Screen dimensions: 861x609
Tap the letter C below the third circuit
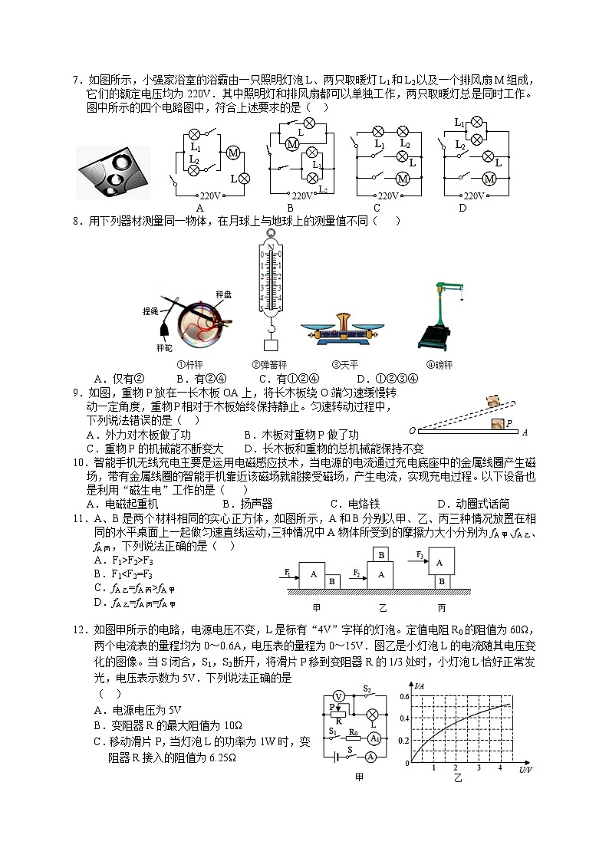coord(377,208)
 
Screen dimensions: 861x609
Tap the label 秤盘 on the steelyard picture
coord(224,294)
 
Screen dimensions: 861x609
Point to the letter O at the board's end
coord(413,432)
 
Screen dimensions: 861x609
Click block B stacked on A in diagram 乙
coord(380,554)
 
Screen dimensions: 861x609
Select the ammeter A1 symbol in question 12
coord(374,738)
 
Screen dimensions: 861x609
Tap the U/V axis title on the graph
coord(525,769)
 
